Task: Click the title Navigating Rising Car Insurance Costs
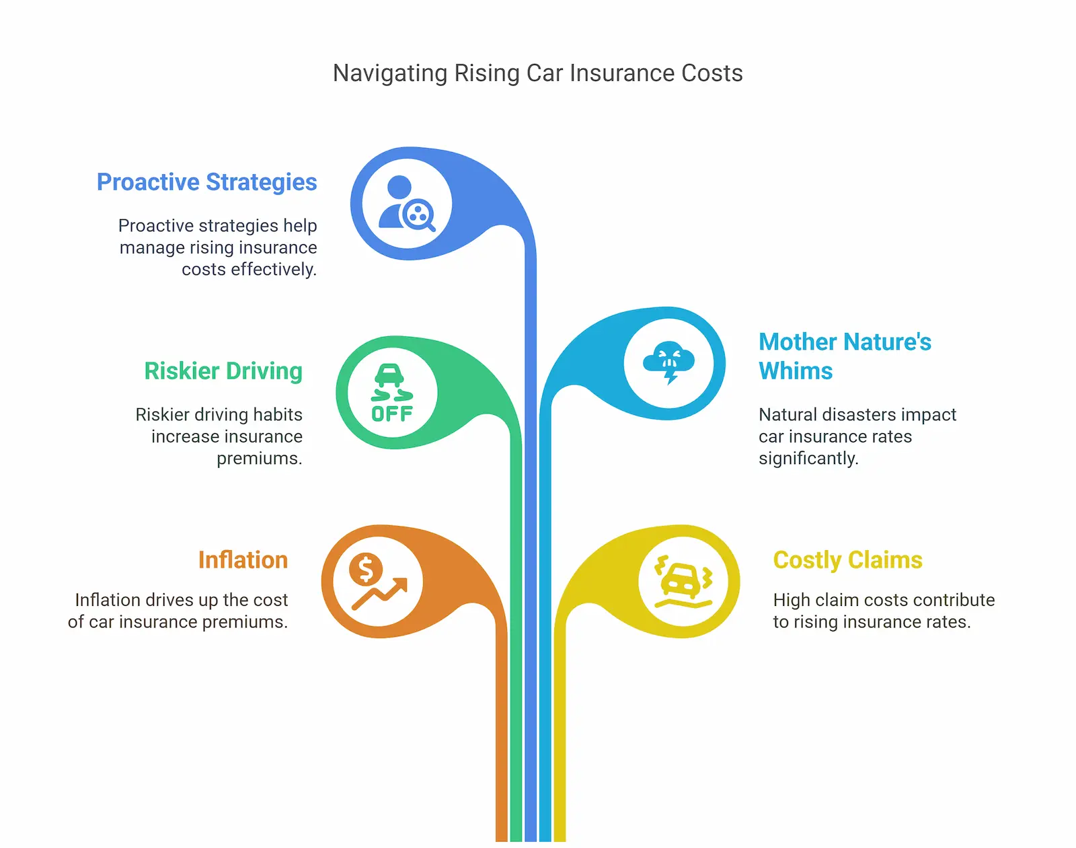tap(537, 73)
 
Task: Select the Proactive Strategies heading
tap(206, 182)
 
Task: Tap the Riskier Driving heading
tap(223, 371)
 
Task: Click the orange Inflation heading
tap(243, 560)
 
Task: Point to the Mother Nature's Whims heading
tap(845, 356)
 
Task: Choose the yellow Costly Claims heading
tap(847, 560)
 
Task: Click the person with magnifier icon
tap(406, 203)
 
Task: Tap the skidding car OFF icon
tap(392, 393)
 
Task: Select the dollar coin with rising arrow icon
tap(378, 582)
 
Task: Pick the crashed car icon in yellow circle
tap(683, 581)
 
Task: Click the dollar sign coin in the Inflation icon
tap(365, 570)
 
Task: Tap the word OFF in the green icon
tap(392, 414)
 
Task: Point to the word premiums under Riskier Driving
tap(259, 459)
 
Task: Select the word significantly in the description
tap(808, 459)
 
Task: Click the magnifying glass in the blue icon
tap(419, 216)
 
